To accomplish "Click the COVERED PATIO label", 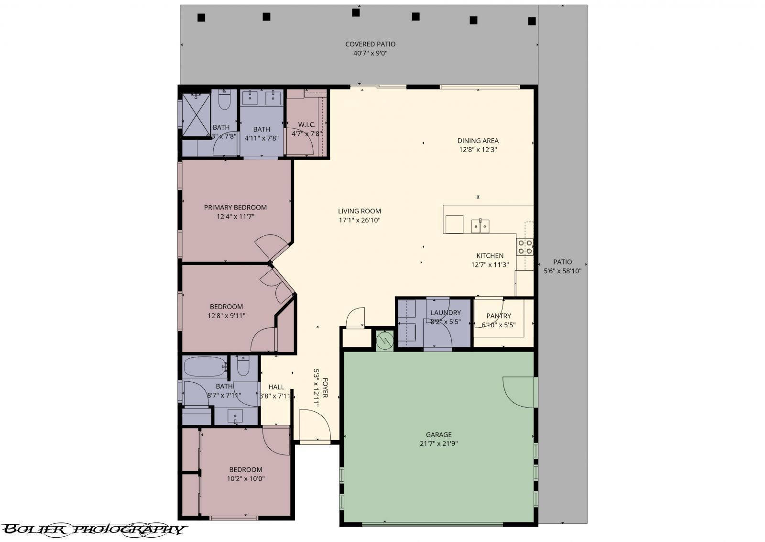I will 370,44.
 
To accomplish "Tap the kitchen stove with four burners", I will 525,247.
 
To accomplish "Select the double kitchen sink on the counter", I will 481,225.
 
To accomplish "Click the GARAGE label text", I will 438,435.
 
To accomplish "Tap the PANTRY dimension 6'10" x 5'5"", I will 498,325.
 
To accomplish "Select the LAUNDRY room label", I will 445,313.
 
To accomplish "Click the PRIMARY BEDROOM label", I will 235,207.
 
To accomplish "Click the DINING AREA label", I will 478,141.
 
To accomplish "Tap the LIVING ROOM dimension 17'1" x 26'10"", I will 359,221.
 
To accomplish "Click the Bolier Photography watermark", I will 93,529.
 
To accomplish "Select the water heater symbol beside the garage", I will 384,341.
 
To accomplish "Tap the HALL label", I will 276,387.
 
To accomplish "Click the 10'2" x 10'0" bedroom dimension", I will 245,478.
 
